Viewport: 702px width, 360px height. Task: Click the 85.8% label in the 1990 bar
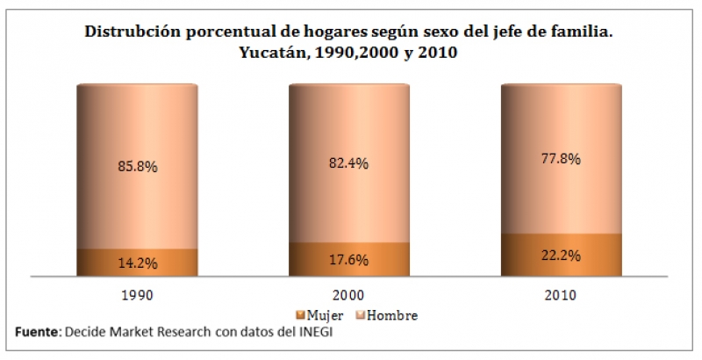(137, 164)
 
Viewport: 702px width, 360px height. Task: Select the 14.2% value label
(137, 263)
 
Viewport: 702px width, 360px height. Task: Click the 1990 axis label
(137, 296)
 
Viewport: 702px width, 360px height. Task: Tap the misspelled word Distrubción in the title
(130, 32)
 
